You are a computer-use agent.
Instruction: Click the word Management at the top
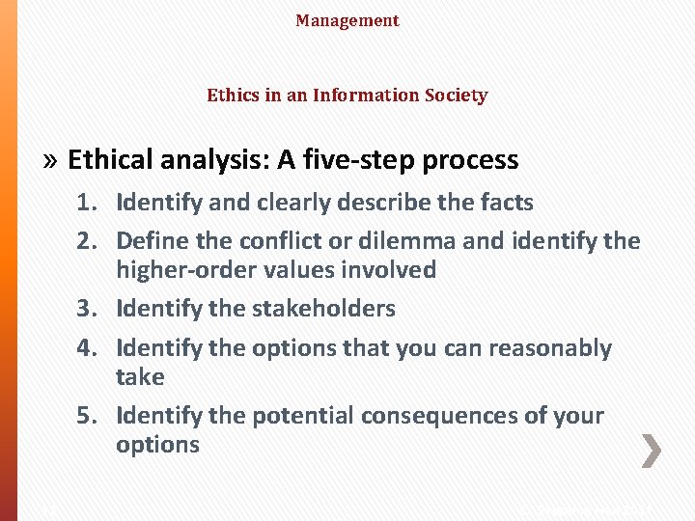coord(347,20)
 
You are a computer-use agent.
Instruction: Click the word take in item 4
coord(140,377)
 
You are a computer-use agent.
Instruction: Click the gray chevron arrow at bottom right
coord(653,451)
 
